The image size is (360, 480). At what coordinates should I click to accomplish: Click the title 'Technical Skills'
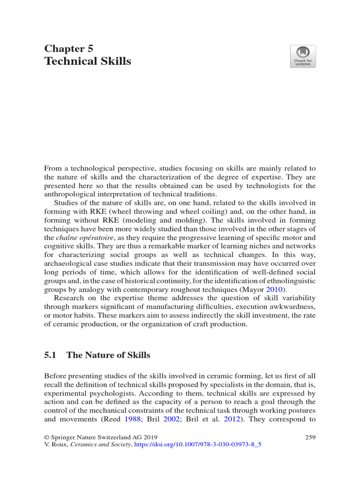[x=88, y=61]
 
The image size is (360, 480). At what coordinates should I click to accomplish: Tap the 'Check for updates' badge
[x=302, y=56]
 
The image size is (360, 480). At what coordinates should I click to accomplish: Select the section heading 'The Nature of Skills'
[x=108, y=355]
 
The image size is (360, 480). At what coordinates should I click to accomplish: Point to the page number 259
[x=310, y=437]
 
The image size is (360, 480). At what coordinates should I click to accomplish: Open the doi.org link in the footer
[x=197, y=446]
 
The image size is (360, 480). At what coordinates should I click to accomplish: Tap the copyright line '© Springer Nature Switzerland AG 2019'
[x=101, y=437]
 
